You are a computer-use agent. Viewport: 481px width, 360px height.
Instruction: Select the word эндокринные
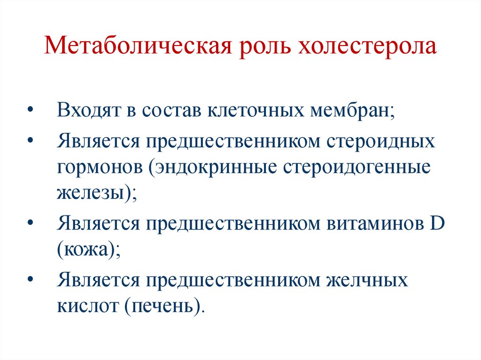(214, 168)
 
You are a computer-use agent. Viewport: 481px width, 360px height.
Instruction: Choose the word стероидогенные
(357, 168)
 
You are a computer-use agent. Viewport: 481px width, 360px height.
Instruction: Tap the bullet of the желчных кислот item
(31, 280)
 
